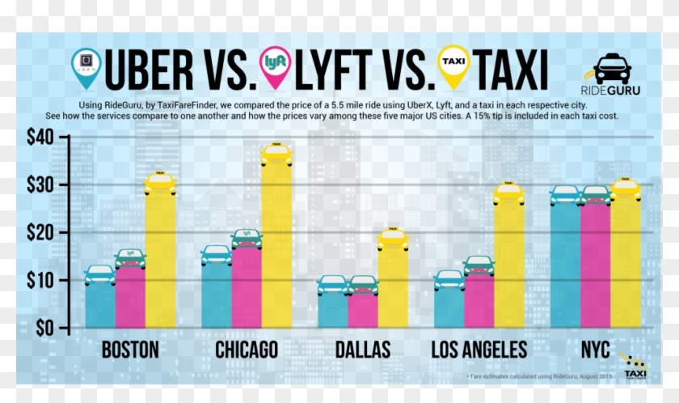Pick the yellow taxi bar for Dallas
point(393,288)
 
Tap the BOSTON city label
point(130,350)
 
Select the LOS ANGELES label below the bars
point(479,350)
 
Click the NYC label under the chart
point(596,350)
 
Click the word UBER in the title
point(170,70)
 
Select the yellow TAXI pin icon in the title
point(453,66)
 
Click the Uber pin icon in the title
point(86,66)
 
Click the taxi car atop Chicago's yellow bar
point(276,155)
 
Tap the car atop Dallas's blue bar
point(332,285)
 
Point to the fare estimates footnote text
point(539,376)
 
